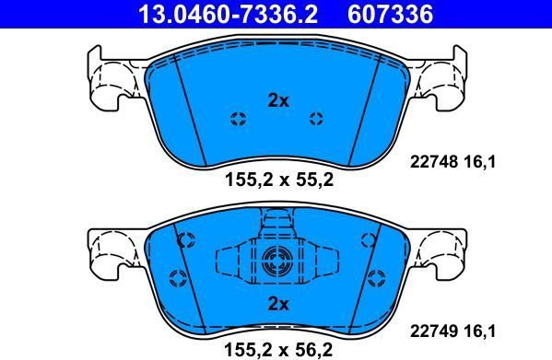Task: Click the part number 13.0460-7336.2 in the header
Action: [x=229, y=14]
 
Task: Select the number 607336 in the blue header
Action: [x=390, y=14]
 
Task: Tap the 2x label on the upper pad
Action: [x=278, y=101]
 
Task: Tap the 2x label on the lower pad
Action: [x=278, y=303]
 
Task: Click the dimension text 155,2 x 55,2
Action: [x=279, y=180]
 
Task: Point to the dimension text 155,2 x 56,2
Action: [x=279, y=350]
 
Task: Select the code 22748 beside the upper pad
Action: [x=434, y=162]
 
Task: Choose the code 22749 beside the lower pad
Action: [x=434, y=331]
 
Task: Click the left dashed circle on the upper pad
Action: [x=239, y=119]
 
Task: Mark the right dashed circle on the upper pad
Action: [x=316, y=119]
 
